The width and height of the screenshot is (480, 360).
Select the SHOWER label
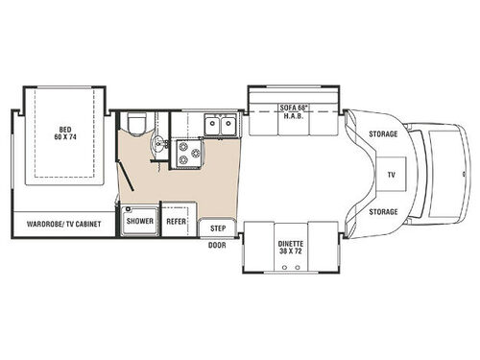(x=140, y=221)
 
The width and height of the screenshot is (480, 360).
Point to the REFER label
(x=176, y=221)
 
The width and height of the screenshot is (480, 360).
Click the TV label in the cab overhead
(x=390, y=176)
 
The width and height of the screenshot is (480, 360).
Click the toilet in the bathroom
(x=135, y=123)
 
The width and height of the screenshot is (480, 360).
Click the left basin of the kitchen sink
(x=211, y=125)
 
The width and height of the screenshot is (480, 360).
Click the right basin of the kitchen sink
(x=229, y=125)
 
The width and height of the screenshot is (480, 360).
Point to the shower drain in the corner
(x=130, y=208)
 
